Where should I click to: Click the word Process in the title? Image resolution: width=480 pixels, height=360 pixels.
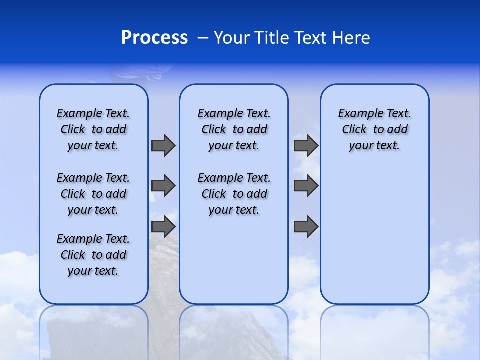(x=154, y=38)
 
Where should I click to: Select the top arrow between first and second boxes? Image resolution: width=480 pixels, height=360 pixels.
(x=163, y=145)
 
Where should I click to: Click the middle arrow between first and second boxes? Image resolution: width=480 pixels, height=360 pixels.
(x=163, y=186)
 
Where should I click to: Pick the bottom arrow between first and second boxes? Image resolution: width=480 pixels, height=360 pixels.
(x=163, y=226)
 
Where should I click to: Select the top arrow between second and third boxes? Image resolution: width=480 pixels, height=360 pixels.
(x=306, y=145)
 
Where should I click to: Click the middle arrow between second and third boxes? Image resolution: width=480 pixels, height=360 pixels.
(x=306, y=186)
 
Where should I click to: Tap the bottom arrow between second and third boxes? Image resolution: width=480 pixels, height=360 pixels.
(x=306, y=226)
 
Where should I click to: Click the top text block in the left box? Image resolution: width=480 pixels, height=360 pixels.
(x=93, y=129)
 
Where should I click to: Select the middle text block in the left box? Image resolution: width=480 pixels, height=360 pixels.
(x=93, y=194)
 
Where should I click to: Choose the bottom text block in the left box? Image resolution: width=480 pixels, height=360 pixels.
(x=93, y=255)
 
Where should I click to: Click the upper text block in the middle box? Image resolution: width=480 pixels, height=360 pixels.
(x=234, y=129)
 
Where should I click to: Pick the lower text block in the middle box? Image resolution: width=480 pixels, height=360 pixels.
(x=234, y=194)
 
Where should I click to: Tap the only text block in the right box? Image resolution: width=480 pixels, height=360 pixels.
(x=375, y=129)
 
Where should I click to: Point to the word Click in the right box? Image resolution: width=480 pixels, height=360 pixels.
(x=354, y=130)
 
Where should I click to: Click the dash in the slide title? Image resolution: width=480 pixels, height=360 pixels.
(x=203, y=38)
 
